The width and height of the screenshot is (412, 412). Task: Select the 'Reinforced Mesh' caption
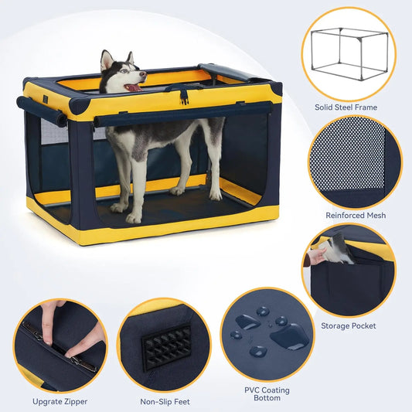point(356,215)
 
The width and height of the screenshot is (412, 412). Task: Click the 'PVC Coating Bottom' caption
point(268,395)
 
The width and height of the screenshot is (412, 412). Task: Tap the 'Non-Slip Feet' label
point(164,402)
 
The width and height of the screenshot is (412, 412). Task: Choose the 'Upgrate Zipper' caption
point(59,402)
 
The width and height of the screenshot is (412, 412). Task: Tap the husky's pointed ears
point(116,59)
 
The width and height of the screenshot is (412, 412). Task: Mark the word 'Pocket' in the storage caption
point(363,325)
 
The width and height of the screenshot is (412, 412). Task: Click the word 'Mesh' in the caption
point(373,215)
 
